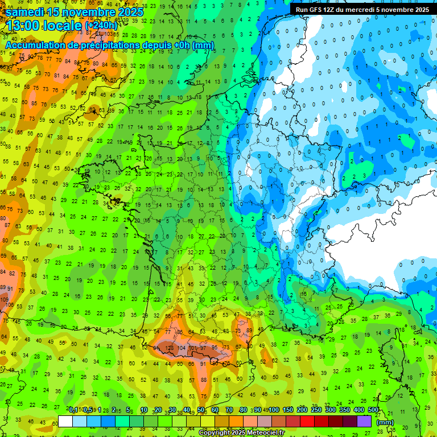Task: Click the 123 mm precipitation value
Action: tap(169, 348)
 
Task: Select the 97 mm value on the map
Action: tap(203, 348)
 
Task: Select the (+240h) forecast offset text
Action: tap(101, 26)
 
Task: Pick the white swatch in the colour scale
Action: tap(65, 421)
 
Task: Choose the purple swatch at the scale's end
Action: tap(364, 421)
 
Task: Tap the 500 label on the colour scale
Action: tap(373, 410)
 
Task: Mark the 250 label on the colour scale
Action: tap(316, 410)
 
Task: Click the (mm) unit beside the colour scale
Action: tap(385, 422)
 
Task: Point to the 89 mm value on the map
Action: tap(249, 330)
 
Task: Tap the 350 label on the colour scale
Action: tap(345, 410)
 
